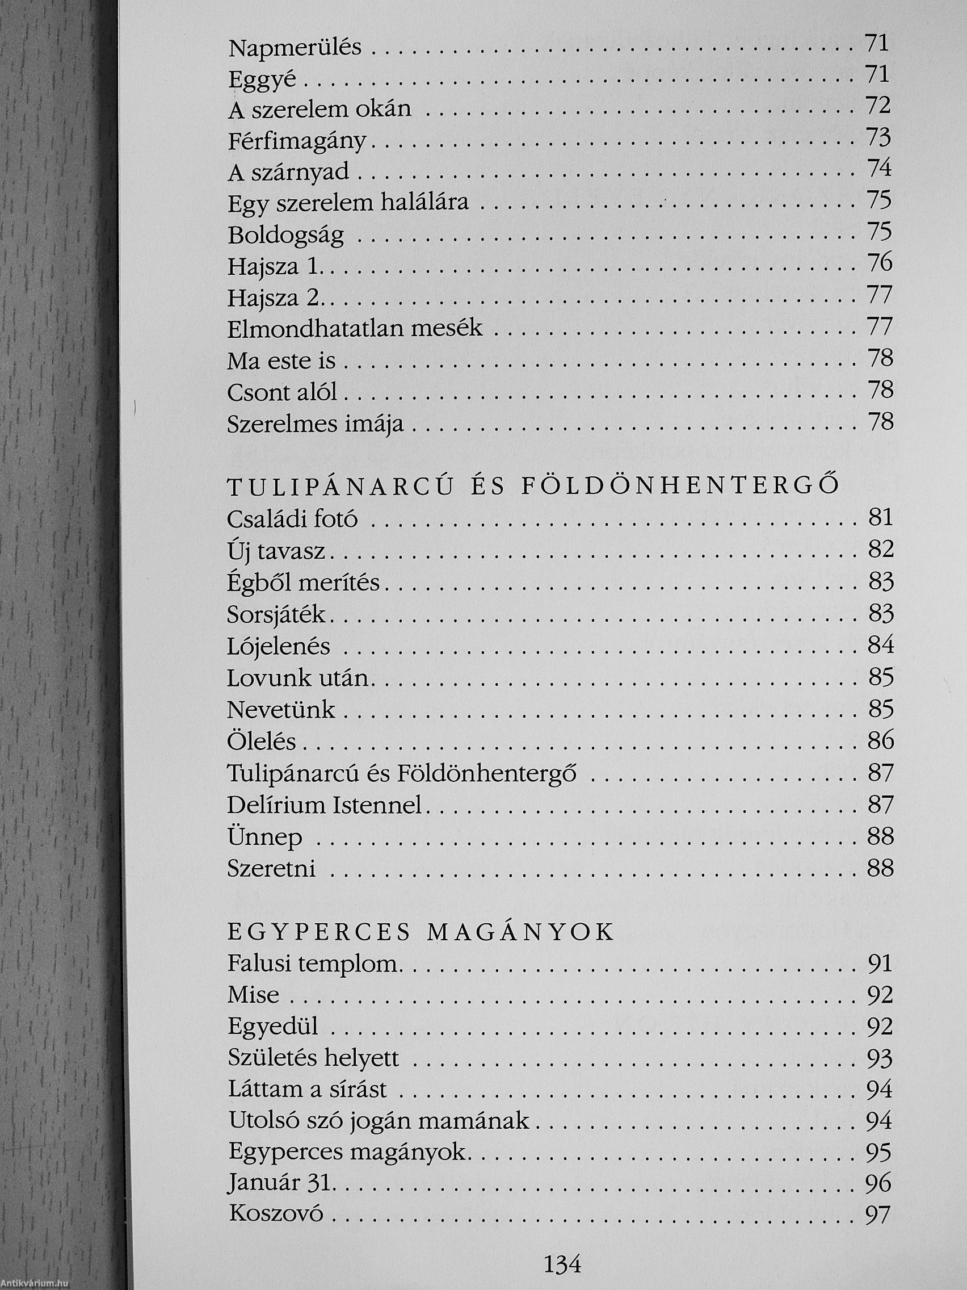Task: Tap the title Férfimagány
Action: (297, 141)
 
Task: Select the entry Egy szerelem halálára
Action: (348, 203)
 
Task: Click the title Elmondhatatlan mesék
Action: (355, 329)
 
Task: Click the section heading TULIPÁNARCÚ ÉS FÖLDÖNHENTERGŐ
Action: (533, 487)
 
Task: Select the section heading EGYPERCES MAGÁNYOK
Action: (421, 932)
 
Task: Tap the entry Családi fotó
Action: (293, 519)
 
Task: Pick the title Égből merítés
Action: (304, 583)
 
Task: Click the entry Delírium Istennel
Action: (324, 805)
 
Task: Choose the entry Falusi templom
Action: (315, 964)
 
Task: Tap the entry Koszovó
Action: (276, 1216)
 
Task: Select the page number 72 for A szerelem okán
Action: (879, 106)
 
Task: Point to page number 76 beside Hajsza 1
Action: (879, 263)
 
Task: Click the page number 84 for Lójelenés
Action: (880, 645)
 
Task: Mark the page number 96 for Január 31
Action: (879, 1183)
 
